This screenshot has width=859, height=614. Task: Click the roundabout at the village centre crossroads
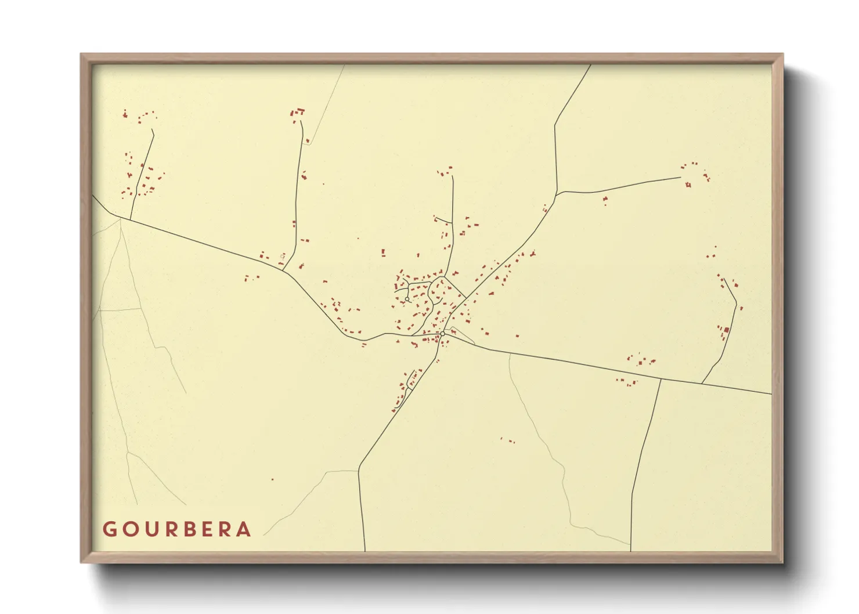point(442,334)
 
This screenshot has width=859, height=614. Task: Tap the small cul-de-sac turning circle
point(407,299)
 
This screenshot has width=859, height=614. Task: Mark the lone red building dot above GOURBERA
point(272,479)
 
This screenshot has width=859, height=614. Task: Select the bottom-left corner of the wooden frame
point(82,562)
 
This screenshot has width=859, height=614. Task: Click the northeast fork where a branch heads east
point(557,192)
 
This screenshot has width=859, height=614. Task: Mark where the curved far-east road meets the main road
point(702,384)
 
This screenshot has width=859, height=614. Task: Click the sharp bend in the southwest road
point(359,465)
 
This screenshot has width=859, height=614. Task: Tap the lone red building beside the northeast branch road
point(605,200)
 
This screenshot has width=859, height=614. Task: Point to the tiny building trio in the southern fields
point(507,440)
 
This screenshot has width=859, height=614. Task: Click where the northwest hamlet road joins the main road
point(130,220)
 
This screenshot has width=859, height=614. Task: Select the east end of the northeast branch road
point(680,178)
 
